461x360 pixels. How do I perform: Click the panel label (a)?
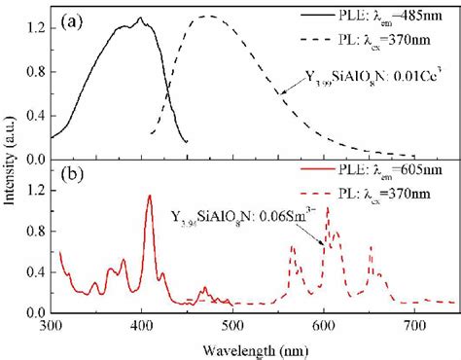(x=79, y=20)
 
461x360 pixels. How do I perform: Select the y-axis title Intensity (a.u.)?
(x=11, y=165)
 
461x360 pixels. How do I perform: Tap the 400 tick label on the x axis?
(x=143, y=328)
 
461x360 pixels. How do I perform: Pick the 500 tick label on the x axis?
(x=233, y=328)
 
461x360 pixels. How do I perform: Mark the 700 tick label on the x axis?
(x=415, y=328)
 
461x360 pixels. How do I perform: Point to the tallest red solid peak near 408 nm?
(x=149, y=196)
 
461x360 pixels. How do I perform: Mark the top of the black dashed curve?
(x=206, y=17)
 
